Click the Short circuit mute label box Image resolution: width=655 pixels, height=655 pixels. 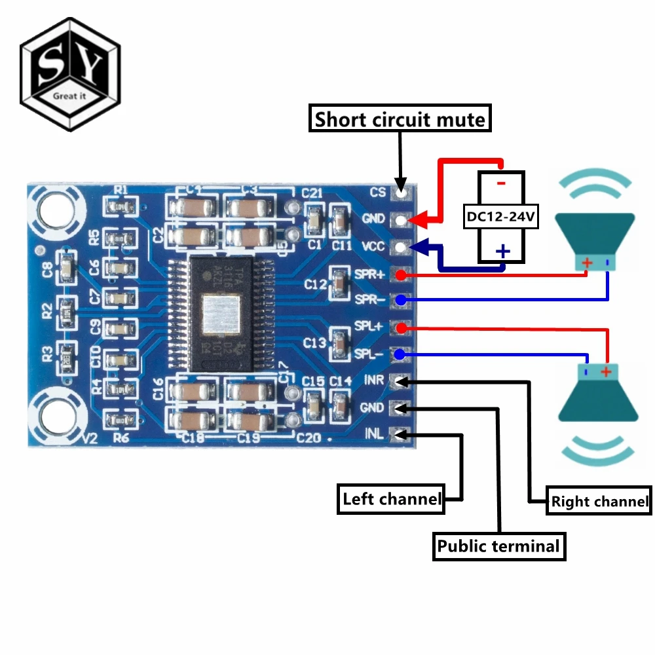click(x=400, y=120)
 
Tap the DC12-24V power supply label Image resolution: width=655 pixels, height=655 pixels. click(x=501, y=217)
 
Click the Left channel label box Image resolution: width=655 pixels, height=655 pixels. click(x=391, y=499)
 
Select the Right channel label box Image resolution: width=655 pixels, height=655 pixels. click(x=599, y=502)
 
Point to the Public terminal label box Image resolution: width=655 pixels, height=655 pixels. click(x=498, y=546)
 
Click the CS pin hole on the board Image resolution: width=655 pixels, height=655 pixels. click(x=400, y=193)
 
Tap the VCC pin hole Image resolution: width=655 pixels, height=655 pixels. click(x=400, y=247)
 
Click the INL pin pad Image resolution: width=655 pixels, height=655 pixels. click(x=399, y=434)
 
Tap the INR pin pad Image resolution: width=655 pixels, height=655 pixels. click(x=399, y=381)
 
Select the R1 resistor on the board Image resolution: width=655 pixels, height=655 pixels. click(x=121, y=207)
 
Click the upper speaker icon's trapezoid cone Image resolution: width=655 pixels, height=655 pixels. click(x=595, y=236)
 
